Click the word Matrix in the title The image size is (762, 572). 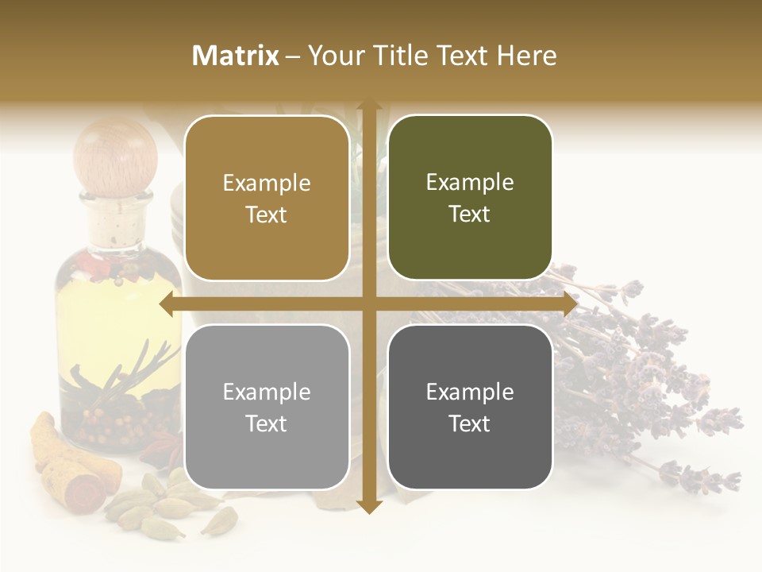tap(236, 56)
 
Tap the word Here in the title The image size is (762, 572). tap(527, 56)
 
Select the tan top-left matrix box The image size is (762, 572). tap(267, 198)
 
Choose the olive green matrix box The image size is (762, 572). tap(470, 198)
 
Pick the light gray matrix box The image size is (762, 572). tap(267, 407)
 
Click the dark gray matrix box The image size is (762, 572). tap(470, 407)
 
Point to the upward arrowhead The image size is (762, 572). tap(369, 106)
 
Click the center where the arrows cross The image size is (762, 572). tap(369, 304)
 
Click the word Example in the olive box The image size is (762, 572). tap(470, 182)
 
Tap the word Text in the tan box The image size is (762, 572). tap(267, 214)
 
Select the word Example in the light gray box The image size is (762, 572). tap(267, 392)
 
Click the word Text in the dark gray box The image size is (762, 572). tap(470, 423)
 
